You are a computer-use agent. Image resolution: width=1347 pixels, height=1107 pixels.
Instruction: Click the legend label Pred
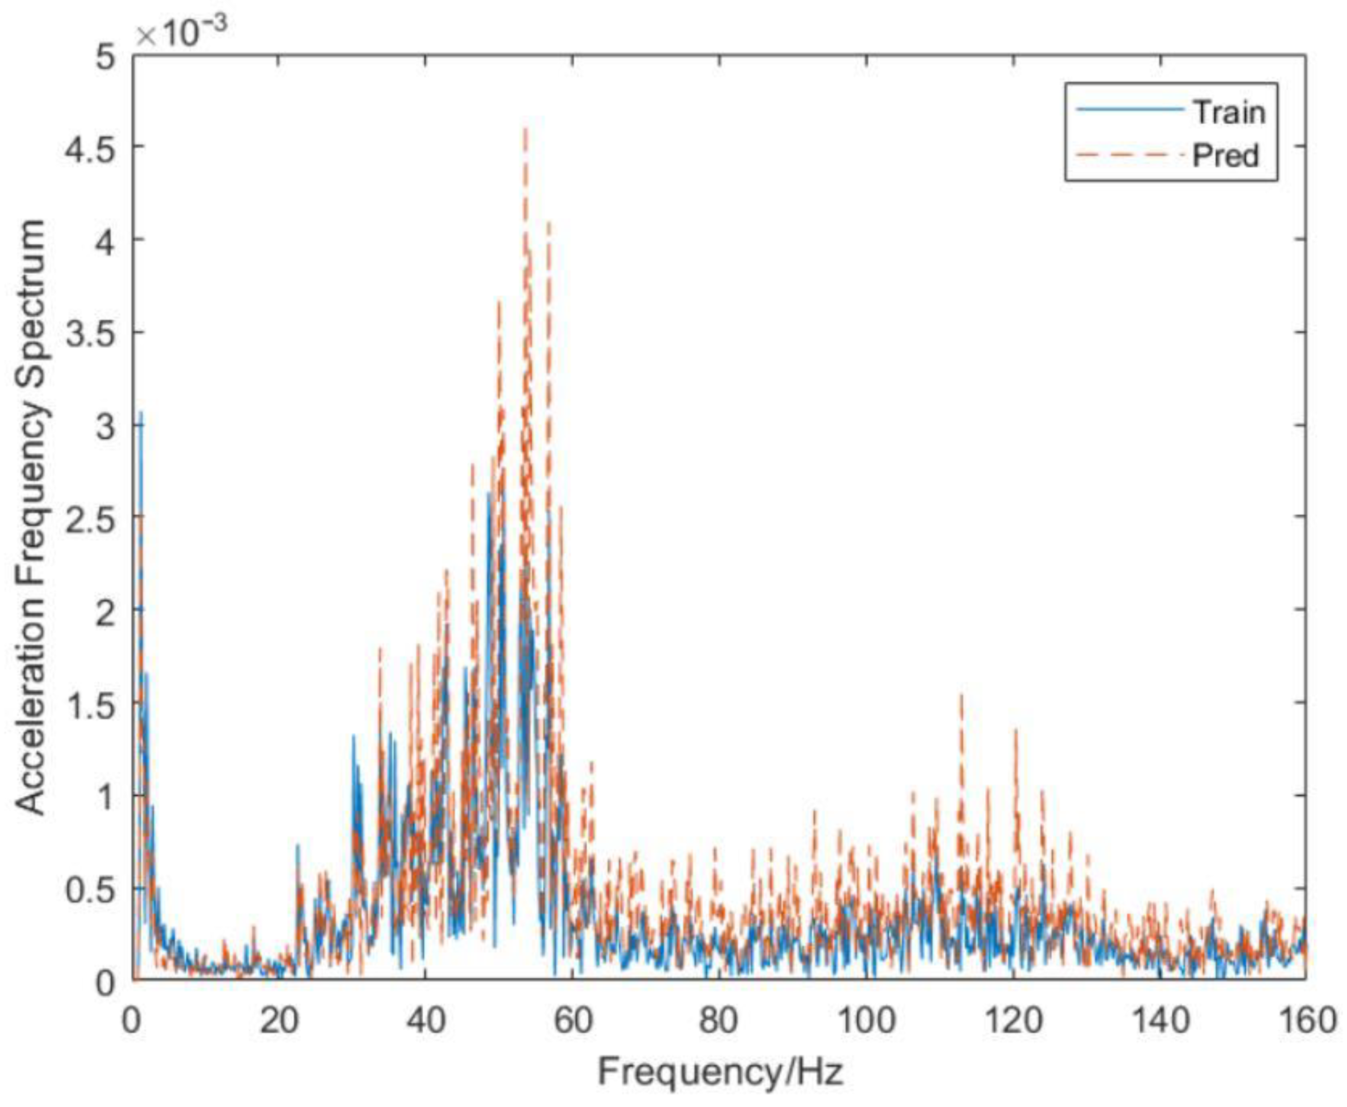tap(1225, 156)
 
